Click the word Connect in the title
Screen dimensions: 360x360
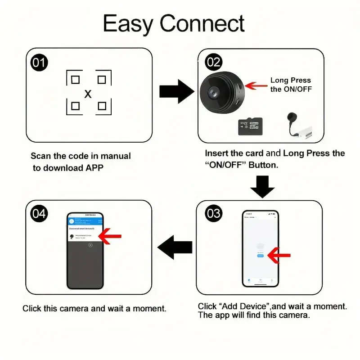tap(202, 23)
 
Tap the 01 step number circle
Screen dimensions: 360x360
tap(39, 63)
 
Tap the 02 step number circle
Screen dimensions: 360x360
tap(214, 62)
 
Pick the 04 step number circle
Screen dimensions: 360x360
tap(39, 213)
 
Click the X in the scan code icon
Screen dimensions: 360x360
tap(88, 94)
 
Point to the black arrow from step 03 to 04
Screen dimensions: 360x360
tap(175, 247)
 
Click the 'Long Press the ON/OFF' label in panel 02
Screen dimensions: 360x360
tap(291, 85)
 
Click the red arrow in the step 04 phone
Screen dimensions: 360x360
tap(110, 236)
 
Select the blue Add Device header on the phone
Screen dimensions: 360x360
tap(85, 219)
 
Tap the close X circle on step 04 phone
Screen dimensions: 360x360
tap(90, 245)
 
